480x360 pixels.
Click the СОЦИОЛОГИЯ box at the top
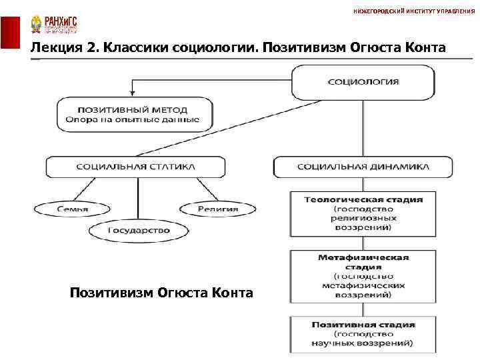(363, 83)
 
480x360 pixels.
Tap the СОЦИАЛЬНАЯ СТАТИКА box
(135, 167)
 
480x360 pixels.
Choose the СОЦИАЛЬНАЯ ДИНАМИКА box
(363, 167)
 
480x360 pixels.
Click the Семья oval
(62, 209)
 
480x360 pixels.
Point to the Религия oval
(217, 209)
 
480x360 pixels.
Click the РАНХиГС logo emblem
(35, 25)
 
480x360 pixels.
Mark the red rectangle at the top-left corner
(10, 33)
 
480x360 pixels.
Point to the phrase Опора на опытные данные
(132, 120)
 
